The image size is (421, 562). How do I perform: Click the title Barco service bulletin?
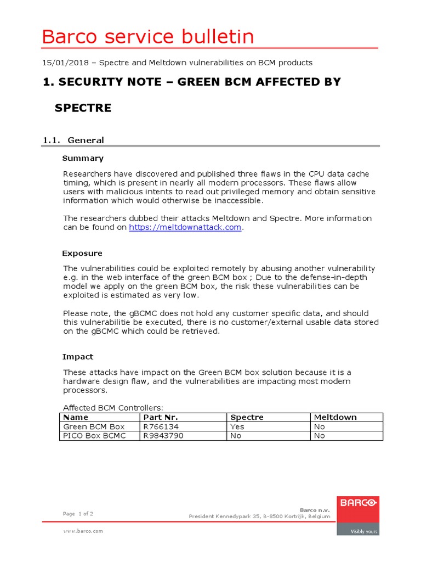pos(148,37)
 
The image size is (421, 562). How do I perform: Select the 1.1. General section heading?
pos(73,140)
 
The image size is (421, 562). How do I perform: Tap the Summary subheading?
pos(83,158)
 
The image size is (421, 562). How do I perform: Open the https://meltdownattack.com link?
pos(185,227)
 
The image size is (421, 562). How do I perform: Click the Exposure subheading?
pos(82,253)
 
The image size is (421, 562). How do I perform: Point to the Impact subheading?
pos(78,356)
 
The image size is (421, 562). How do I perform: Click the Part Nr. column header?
pos(160,417)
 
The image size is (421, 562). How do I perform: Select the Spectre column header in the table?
pos(247,417)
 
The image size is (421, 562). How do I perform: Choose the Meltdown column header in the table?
pos(335,417)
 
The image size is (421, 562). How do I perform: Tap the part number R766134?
pos(161,426)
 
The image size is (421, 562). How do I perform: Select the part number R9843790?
pos(163,436)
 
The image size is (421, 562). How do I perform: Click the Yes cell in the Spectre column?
pos(237,426)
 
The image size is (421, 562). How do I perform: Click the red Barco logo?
pos(357,502)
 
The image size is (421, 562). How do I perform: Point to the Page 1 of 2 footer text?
pos(78,514)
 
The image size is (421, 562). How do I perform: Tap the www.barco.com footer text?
pos(83,531)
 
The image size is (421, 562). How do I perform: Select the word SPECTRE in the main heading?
pos(83,108)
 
